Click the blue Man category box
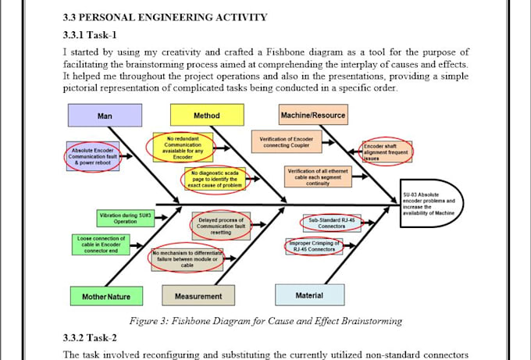[105, 116]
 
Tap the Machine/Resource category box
[312, 116]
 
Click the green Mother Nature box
[106, 296]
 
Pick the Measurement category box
[198, 296]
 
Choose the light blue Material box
[309, 295]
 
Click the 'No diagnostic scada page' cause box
[216, 179]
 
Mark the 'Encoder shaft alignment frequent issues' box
[387, 151]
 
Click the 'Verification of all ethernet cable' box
[319, 176]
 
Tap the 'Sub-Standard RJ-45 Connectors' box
[332, 224]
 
